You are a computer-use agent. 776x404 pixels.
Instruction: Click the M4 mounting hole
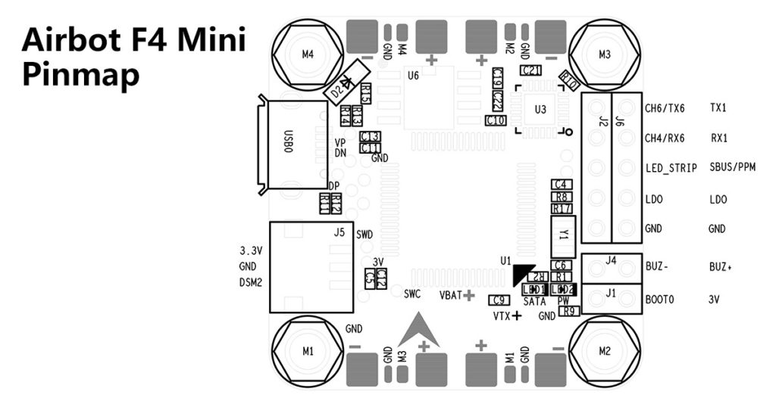click(x=308, y=54)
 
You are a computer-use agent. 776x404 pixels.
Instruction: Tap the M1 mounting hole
click(x=308, y=351)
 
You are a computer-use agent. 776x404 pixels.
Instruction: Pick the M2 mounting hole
click(x=604, y=351)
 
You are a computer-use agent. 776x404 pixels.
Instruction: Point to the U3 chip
click(x=540, y=110)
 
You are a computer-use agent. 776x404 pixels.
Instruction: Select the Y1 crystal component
click(x=562, y=234)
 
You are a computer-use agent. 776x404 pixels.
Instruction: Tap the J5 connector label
click(x=339, y=232)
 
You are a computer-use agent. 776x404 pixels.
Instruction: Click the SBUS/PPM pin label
click(x=733, y=167)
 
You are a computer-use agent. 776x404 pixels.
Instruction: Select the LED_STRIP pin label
click(x=671, y=168)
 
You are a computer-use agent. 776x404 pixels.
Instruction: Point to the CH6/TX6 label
click(x=665, y=107)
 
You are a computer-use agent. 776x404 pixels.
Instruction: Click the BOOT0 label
click(x=659, y=300)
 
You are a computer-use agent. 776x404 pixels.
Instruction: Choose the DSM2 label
click(x=251, y=281)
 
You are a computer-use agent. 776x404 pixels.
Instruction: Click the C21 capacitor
click(x=530, y=70)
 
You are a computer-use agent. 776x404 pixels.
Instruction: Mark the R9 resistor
click(x=571, y=310)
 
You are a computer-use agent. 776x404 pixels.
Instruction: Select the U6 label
click(x=413, y=76)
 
